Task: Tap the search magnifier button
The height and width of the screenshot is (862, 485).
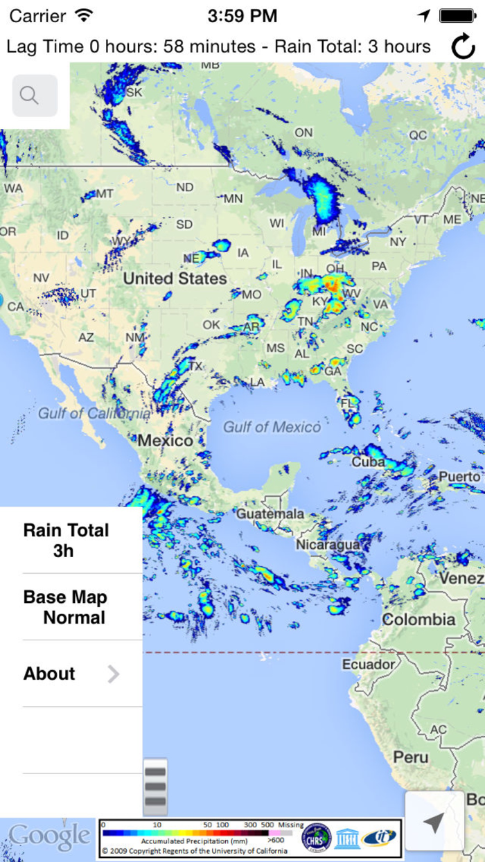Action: tap(34, 96)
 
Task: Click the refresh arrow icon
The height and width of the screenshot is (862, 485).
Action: tap(463, 46)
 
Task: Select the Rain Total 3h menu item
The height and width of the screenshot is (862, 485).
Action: tap(67, 540)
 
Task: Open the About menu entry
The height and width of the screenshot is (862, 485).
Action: tap(71, 674)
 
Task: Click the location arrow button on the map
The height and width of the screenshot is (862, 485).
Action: tap(434, 823)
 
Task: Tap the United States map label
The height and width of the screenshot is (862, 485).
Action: tap(175, 279)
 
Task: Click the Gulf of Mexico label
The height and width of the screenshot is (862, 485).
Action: tap(272, 427)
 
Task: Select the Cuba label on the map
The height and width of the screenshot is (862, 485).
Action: tap(368, 461)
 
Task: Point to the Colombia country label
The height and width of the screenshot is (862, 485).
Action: tap(419, 619)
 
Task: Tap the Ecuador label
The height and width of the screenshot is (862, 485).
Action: tap(369, 665)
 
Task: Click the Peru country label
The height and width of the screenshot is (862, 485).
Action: tap(411, 757)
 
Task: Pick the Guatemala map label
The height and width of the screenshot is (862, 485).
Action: tap(270, 514)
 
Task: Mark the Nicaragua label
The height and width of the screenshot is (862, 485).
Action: tap(328, 545)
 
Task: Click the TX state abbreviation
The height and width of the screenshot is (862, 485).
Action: tap(196, 366)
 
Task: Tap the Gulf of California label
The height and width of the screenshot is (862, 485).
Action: tap(94, 414)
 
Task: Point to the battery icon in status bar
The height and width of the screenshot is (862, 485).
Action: tap(457, 15)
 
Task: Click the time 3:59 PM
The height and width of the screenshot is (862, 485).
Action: tap(242, 15)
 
